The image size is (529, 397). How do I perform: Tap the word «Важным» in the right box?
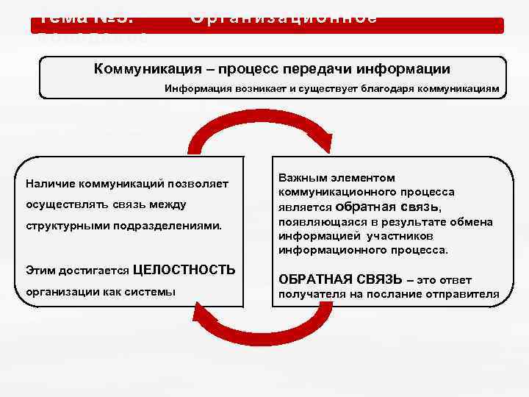301,177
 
